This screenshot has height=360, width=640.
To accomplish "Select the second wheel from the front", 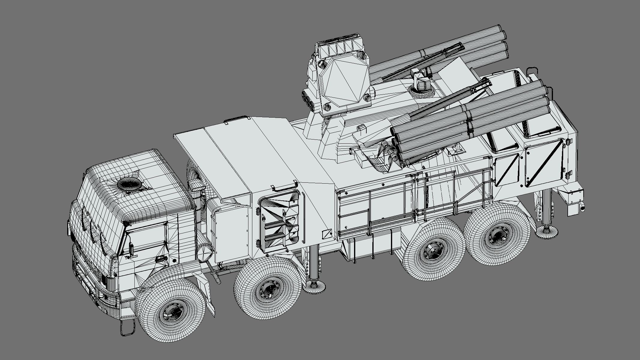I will coord(267,290).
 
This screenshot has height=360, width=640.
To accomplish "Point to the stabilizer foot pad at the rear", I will coord(546,231).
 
